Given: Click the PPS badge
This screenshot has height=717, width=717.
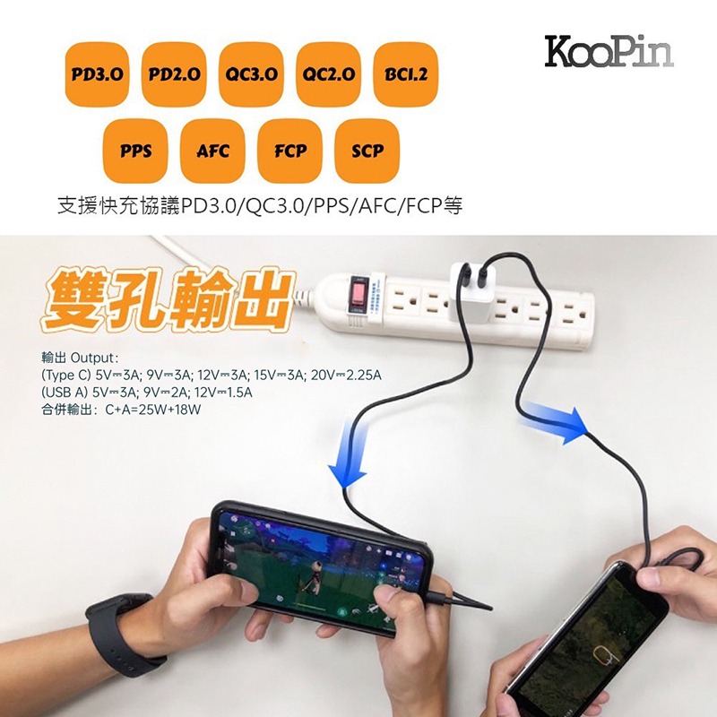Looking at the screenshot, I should point(135,150).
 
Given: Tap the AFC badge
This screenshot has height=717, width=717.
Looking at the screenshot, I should point(212,150).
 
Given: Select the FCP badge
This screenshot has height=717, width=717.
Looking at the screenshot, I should point(289,150).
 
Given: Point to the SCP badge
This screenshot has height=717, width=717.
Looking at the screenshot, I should point(367,150).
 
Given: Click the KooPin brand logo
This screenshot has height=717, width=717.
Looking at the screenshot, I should point(609,52).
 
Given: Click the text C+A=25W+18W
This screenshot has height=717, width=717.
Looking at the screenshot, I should point(153,410).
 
